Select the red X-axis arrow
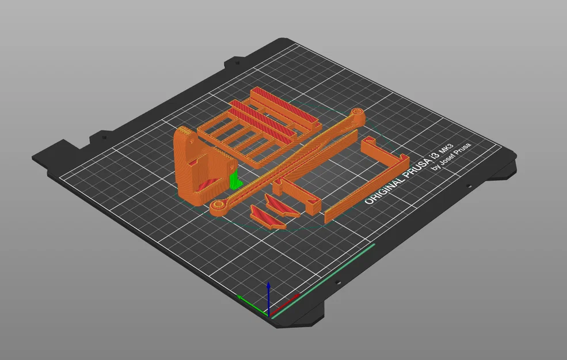[291, 299]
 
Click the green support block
[235, 181]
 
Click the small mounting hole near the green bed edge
[338, 283]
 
